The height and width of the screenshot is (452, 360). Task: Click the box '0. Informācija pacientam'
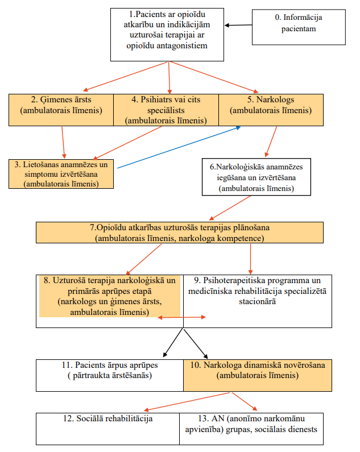click(x=299, y=27)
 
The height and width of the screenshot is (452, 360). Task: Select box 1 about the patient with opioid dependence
click(x=167, y=35)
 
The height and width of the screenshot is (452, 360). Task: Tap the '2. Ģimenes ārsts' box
click(x=61, y=110)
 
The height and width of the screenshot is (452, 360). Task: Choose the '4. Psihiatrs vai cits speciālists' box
click(x=166, y=110)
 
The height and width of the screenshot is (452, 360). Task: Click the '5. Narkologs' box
click(x=271, y=110)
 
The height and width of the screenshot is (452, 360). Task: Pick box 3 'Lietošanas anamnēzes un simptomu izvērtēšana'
click(x=61, y=174)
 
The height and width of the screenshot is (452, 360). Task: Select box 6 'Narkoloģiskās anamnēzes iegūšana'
click(x=256, y=177)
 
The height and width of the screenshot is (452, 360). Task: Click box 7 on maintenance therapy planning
click(x=179, y=233)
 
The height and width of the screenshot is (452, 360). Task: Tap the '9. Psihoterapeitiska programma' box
click(x=257, y=301)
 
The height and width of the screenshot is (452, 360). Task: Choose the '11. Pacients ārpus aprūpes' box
click(x=110, y=375)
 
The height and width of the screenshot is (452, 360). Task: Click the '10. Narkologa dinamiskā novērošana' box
click(x=258, y=375)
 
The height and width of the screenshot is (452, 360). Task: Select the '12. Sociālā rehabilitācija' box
click(x=107, y=429)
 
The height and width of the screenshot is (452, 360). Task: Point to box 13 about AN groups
click(x=251, y=429)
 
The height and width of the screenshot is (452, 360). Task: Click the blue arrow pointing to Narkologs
click(x=179, y=147)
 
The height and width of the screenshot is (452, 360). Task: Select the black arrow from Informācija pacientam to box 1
click(x=238, y=25)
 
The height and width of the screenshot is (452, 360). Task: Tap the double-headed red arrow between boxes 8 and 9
click(x=182, y=317)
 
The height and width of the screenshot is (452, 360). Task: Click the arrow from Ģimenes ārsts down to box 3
click(x=63, y=142)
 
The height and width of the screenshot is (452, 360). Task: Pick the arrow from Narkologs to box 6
click(x=271, y=142)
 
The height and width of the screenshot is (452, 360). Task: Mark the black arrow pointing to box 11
click(x=173, y=343)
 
